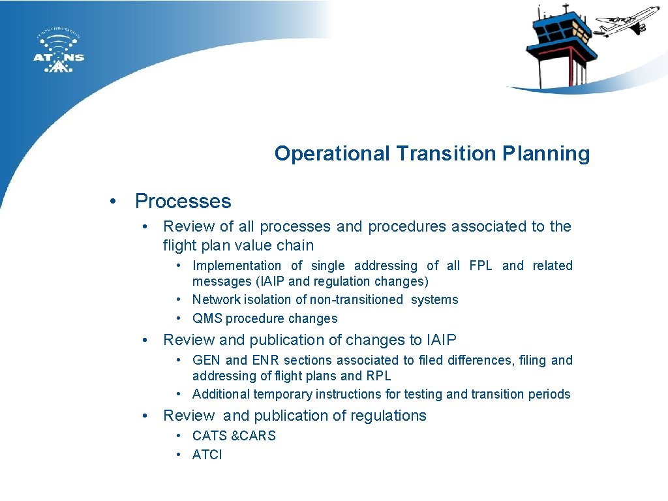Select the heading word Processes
click(x=183, y=201)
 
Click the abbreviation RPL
click(x=378, y=376)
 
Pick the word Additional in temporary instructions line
click(x=221, y=394)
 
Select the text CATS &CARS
click(x=234, y=436)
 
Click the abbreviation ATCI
click(x=207, y=455)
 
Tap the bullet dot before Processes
click(x=114, y=201)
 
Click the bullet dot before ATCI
click(x=179, y=455)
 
